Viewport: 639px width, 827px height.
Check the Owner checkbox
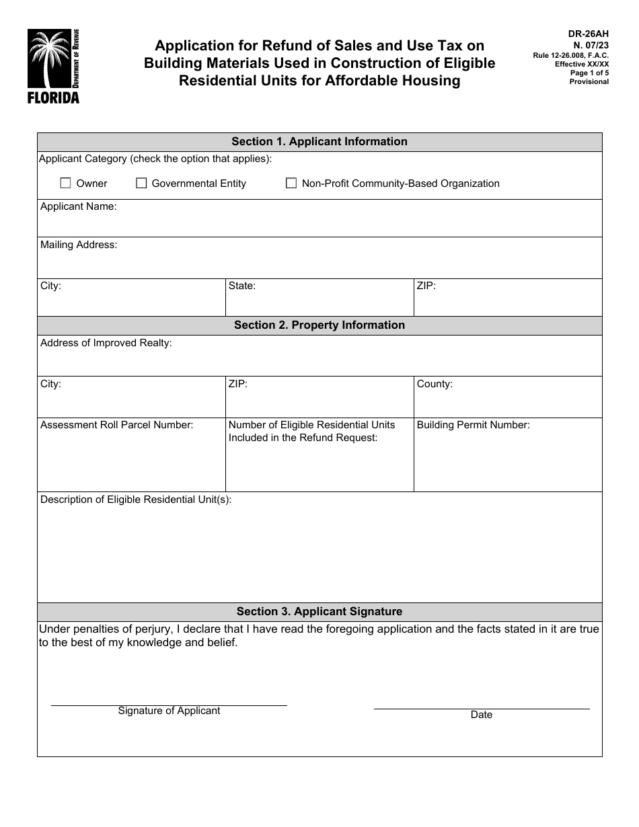tap(65, 183)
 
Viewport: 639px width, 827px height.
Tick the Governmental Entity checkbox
tap(141, 183)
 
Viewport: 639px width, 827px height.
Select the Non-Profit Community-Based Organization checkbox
tap(291, 183)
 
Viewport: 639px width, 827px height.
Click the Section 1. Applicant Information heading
tap(319, 142)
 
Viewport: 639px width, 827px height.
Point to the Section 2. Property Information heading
tap(319, 325)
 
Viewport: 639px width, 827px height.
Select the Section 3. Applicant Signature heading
tap(319, 612)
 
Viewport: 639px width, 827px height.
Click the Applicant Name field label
tap(78, 207)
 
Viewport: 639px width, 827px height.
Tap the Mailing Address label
tap(79, 245)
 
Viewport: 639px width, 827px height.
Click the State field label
tap(242, 286)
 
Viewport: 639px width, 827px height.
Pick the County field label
tap(435, 385)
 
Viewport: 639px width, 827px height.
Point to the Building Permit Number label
tap(473, 426)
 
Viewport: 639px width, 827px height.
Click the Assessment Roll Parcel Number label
tap(117, 426)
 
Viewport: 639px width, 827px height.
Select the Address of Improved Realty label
tap(106, 344)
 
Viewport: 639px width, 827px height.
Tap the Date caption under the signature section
tap(482, 715)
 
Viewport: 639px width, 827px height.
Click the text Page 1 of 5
tap(589, 73)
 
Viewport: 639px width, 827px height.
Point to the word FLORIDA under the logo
tap(53, 98)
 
